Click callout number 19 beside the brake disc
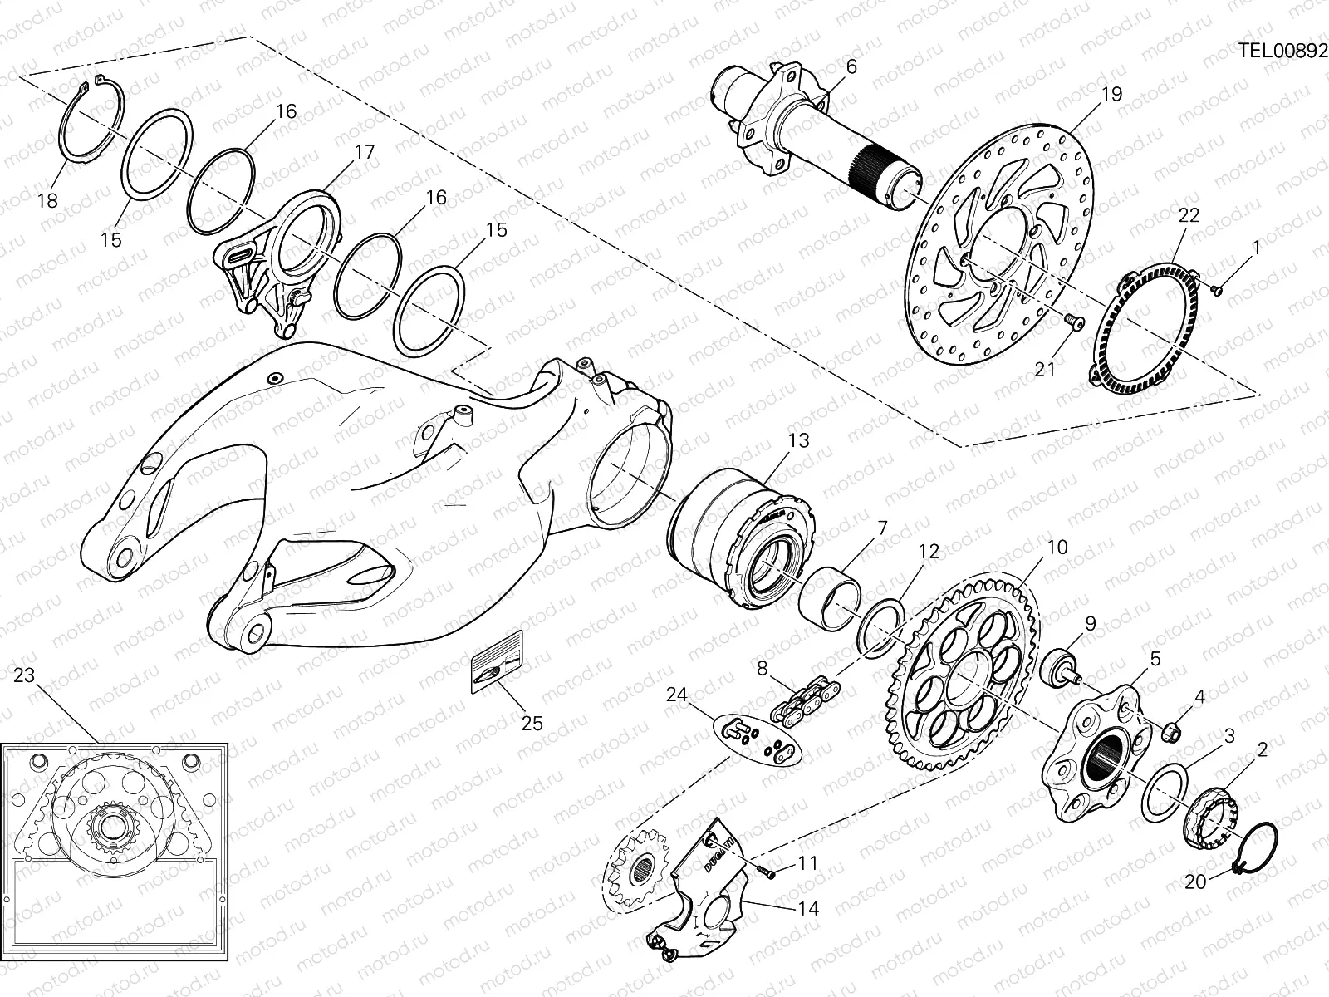(1111, 94)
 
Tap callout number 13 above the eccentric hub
(798, 440)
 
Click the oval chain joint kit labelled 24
(758, 737)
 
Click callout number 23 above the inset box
(25, 676)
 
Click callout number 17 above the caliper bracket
(364, 152)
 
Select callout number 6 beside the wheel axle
(851, 66)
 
